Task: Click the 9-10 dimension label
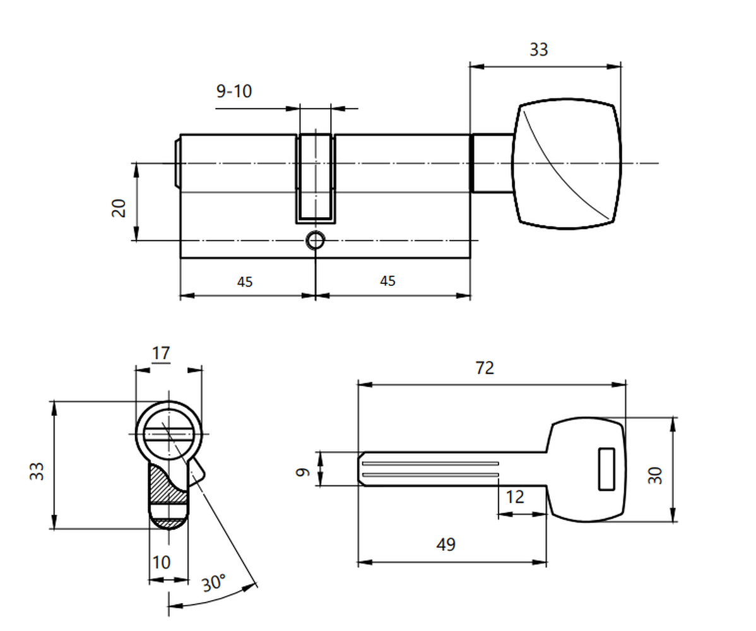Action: [x=234, y=91]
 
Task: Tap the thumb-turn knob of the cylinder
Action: [x=567, y=164]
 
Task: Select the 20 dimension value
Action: [x=119, y=208]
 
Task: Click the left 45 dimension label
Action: [x=245, y=281]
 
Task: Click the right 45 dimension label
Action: [x=387, y=281]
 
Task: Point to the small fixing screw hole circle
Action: [x=316, y=240]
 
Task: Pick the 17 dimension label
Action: [x=161, y=353]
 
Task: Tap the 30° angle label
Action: [x=213, y=582]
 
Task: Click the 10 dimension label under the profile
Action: [x=161, y=562]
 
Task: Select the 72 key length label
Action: [x=485, y=368]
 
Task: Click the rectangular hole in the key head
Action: [x=606, y=469]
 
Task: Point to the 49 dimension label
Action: [x=446, y=544]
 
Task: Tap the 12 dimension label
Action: [x=515, y=497]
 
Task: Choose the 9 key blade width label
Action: [x=303, y=471]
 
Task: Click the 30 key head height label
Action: [x=655, y=475]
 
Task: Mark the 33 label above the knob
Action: [x=539, y=50]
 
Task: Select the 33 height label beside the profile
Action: [x=37, y=471]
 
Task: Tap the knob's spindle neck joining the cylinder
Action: [x=492, y=163]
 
